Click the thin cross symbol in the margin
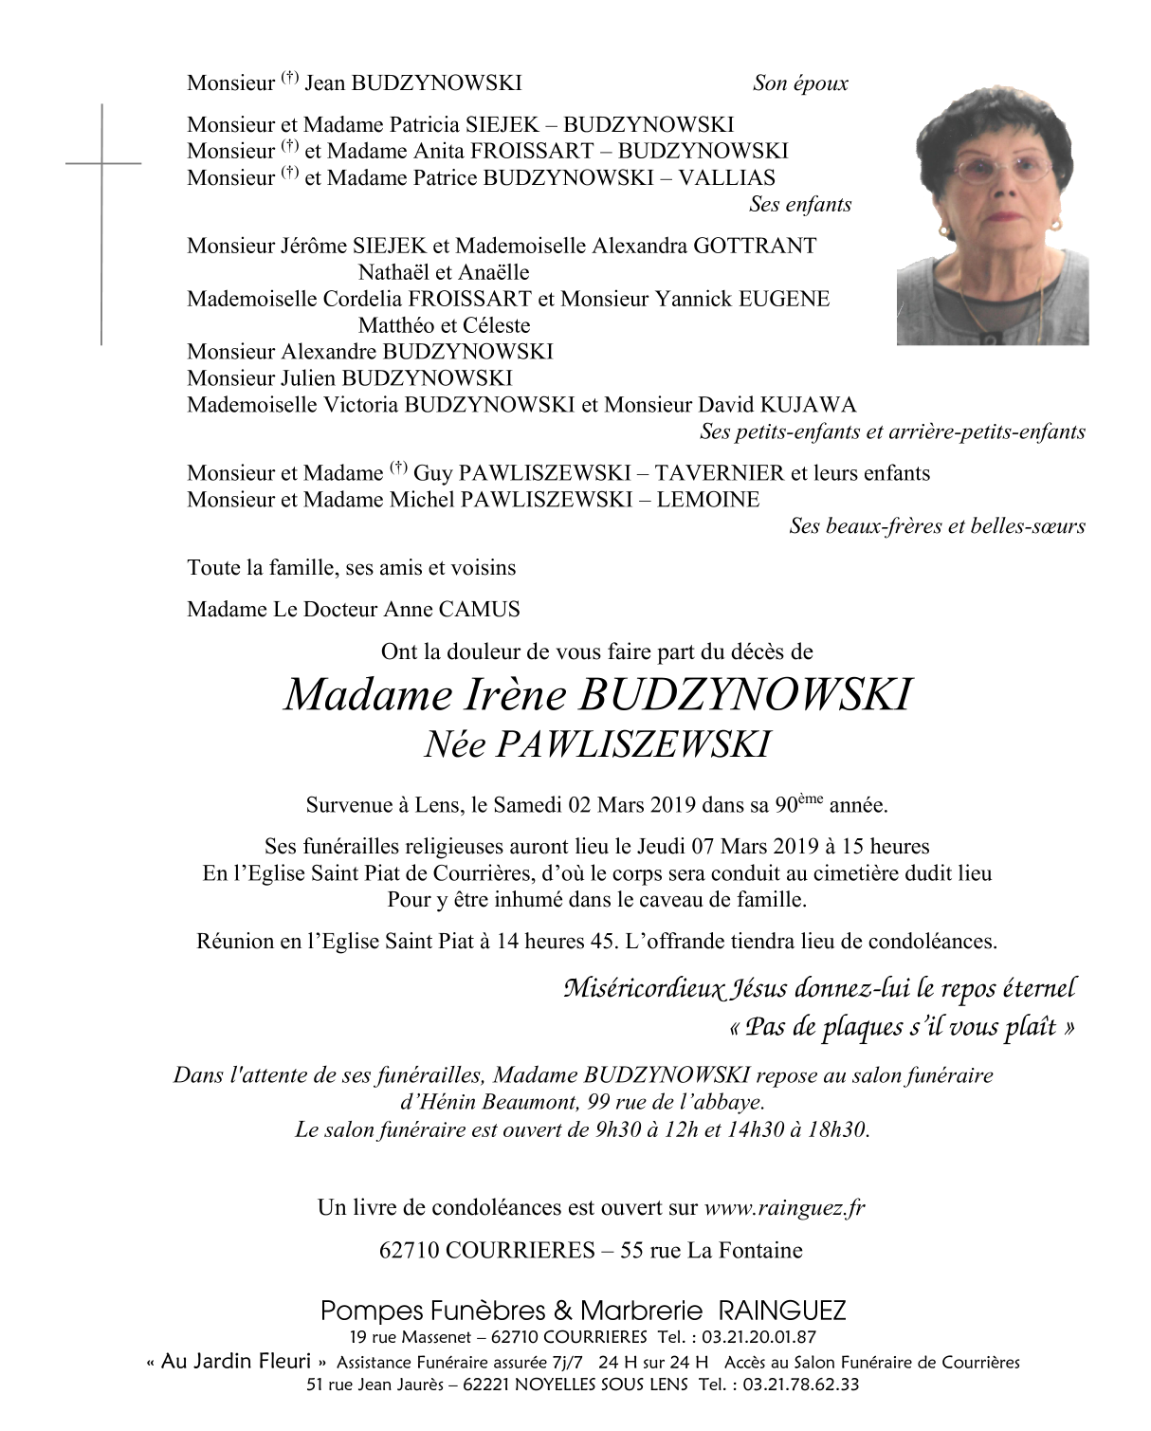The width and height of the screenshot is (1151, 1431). tap(102, 223)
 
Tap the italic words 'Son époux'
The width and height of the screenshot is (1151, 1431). tap(800, 83)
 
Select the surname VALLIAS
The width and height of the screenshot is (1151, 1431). tap(726, 177)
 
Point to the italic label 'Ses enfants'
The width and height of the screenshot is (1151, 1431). tap(800, 204)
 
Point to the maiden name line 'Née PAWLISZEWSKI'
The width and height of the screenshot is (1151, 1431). tap(596, 745)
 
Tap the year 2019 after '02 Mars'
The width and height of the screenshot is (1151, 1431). tap(672, 806)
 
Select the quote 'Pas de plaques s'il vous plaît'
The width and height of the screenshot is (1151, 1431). tap(901, 1027)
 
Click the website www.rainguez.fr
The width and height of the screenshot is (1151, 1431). tap(784, 1208)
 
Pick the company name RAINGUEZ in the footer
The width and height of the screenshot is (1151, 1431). tap(782, 1312)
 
